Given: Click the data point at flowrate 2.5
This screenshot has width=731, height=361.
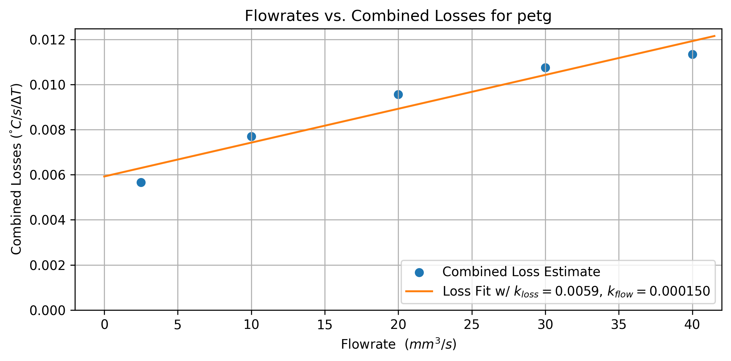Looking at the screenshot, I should (x=141, y=182).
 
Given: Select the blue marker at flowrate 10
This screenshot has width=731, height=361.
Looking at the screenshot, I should (x=251, y=136).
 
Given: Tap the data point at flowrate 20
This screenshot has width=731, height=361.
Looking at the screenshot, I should (x=398, y=94).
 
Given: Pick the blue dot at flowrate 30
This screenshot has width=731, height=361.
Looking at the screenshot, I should (x=545, y=68).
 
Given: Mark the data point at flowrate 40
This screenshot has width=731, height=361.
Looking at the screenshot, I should (x=692, y=54).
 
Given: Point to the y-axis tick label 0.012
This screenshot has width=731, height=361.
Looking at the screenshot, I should (x=47, y=40).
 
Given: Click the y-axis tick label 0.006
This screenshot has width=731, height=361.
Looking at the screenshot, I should (x=47, y=175).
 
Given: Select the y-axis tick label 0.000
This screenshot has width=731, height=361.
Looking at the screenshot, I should (x=47, y=310).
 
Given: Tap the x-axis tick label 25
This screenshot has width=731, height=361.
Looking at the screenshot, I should (x=472, y=325).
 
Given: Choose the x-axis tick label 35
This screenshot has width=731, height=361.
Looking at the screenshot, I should (x=619, y=325).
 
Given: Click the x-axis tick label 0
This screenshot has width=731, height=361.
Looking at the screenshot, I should (x=104, y=325).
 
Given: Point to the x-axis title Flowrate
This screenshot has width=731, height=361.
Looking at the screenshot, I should (x=368, y=344).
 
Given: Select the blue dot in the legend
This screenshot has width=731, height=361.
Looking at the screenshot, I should (x=419, y=272).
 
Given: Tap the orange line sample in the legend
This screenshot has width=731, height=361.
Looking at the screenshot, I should (x=419, y=291).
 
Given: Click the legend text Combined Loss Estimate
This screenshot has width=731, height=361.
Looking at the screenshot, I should (x=521, y=272).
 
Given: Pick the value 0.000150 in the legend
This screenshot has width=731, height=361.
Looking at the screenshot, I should (x=680, y=291).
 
